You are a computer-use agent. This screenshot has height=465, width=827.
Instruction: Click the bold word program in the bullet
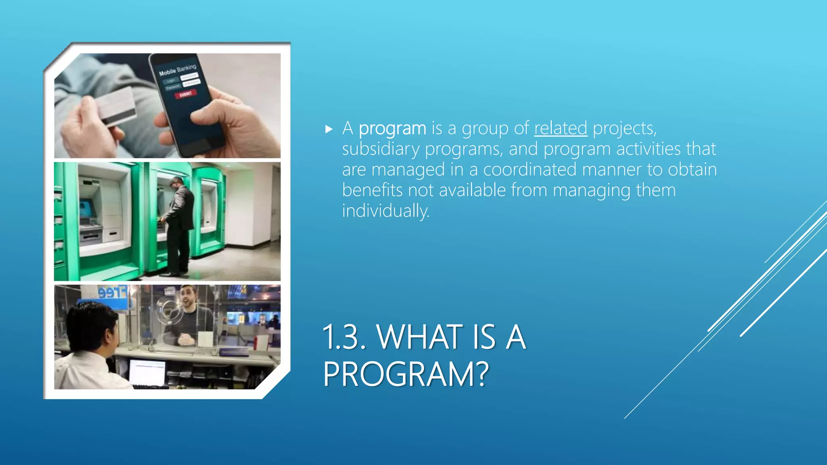392,129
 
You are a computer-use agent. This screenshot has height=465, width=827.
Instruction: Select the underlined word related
560,128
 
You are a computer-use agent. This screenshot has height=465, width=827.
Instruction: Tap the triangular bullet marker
329,129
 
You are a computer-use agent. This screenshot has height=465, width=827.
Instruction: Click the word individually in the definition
386,211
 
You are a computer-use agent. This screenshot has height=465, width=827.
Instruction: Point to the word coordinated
529,170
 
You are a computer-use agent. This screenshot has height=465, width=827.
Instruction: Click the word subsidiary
380,149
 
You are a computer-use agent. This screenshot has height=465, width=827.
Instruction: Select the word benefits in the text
372,190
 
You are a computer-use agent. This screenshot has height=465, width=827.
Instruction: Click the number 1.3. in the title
344,337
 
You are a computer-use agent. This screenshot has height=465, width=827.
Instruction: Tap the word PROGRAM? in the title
405,374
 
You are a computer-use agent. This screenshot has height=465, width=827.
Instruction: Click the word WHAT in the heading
420,337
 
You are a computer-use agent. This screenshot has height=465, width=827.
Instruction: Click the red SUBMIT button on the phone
185,94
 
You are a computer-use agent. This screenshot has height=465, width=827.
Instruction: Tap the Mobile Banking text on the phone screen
177,70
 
